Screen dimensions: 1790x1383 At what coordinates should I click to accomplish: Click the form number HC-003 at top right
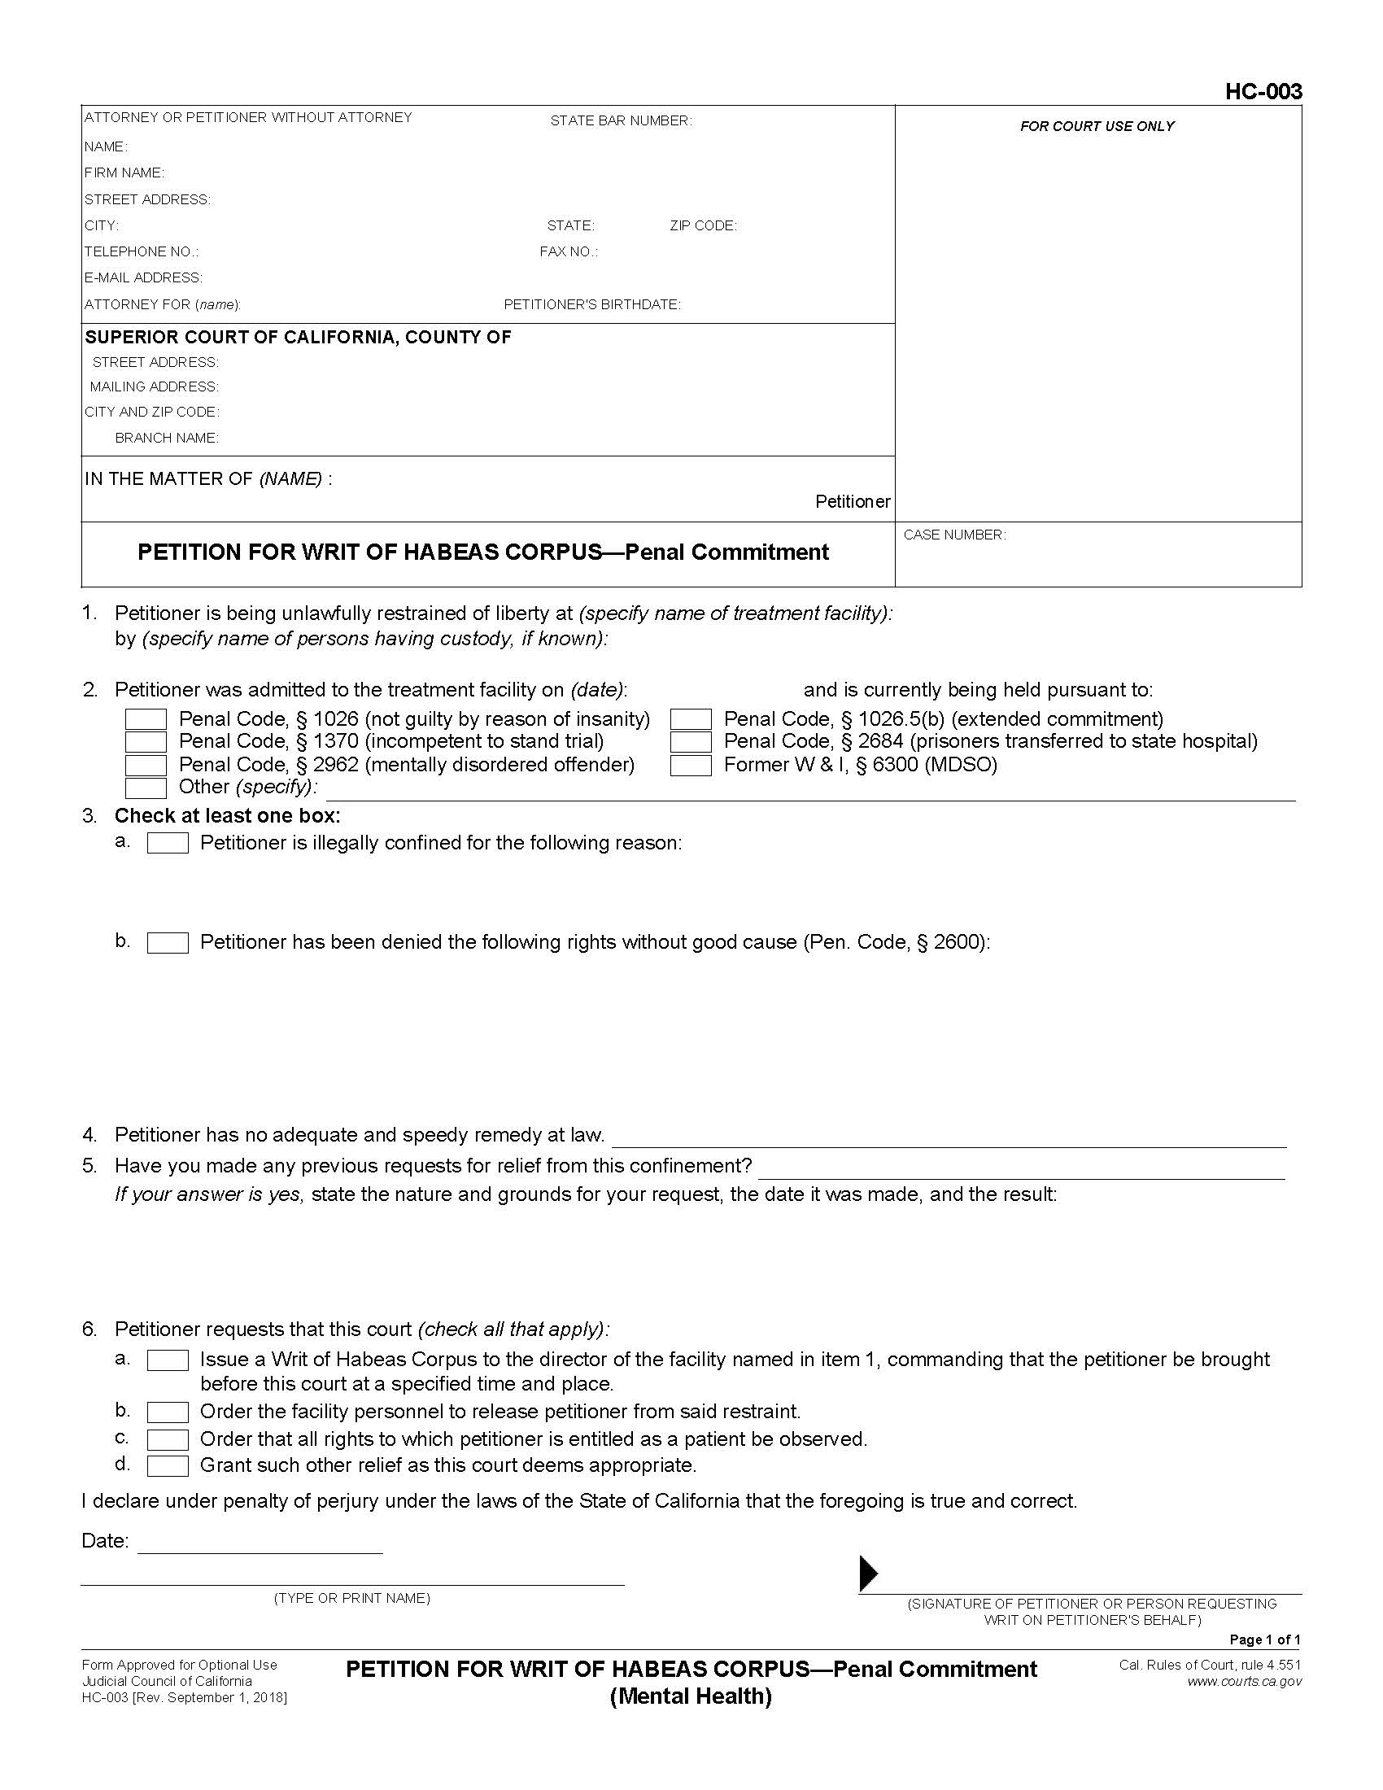coord(1263,91)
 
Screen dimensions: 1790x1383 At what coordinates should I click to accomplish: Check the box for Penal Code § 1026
coord(146,718)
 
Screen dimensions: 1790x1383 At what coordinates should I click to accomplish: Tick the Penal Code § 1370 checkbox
coord(146,742)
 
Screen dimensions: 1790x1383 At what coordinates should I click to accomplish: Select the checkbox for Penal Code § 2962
coord(146,765)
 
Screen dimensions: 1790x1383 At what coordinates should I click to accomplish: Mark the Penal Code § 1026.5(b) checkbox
coord(691,718)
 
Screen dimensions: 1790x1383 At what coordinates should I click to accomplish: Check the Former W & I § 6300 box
coord(691,765)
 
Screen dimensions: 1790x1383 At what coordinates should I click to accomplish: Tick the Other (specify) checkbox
coord(146,788)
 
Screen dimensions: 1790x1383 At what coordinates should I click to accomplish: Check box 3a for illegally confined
coord(168,843)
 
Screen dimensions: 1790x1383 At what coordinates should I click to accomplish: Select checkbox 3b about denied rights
coord(168,942)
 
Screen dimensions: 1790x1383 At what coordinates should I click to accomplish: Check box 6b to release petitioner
coord(168,1412)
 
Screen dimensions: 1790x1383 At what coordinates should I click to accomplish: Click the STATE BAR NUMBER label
coord(620,120)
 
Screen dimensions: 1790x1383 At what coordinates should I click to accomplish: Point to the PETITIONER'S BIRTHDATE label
coord(591,305)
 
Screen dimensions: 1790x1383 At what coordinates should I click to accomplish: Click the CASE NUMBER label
coord(954,535)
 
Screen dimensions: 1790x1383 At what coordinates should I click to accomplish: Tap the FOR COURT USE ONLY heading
coord(1097,126)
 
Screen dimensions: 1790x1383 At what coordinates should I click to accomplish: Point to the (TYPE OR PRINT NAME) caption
coord(351,1598)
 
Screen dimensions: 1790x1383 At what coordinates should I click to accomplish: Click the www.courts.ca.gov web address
coord(1244,1682)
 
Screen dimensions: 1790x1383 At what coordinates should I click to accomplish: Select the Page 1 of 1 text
coord(1265,1639)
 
